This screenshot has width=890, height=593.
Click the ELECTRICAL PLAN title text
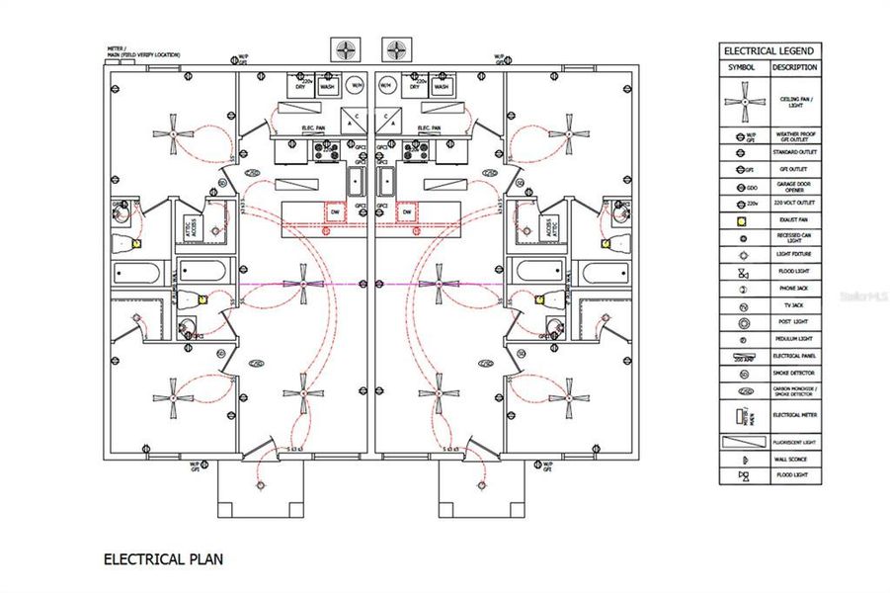pyautogui.click(x=163, y=559)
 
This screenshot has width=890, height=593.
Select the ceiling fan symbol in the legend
pyautogui.click(x=741, y=101)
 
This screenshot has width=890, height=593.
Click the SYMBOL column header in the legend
pyautogui.click(x=741, y=67)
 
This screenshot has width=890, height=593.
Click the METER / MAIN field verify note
pyautogui.click(x=143, y=50)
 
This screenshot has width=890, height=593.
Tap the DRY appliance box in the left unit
pyautogui.click(x=305, y=87)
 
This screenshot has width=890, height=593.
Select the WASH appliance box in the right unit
pyautogui.click(x=441, y=87)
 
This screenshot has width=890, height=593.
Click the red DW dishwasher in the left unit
pyautogui.click(x=335, y=212)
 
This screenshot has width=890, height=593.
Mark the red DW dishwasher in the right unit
pyautogui.click(x=406, y=212)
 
